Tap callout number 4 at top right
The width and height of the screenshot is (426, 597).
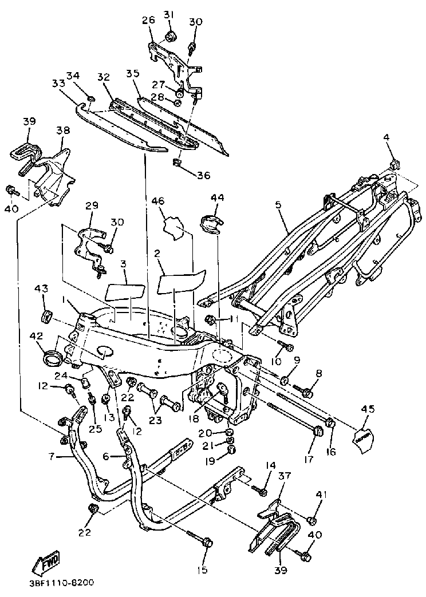click(x=386, y=138)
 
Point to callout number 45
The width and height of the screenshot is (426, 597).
click(x=368, y=409)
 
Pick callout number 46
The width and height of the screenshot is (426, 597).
click(x=158, y=201)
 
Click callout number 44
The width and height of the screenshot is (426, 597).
click(x=216, y=198)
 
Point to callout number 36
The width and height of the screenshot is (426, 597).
click(x=203, y=176)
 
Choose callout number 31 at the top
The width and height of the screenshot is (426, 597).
click(x=169, y=14)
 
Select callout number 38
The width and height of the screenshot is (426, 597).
click(x=63, y=131)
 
